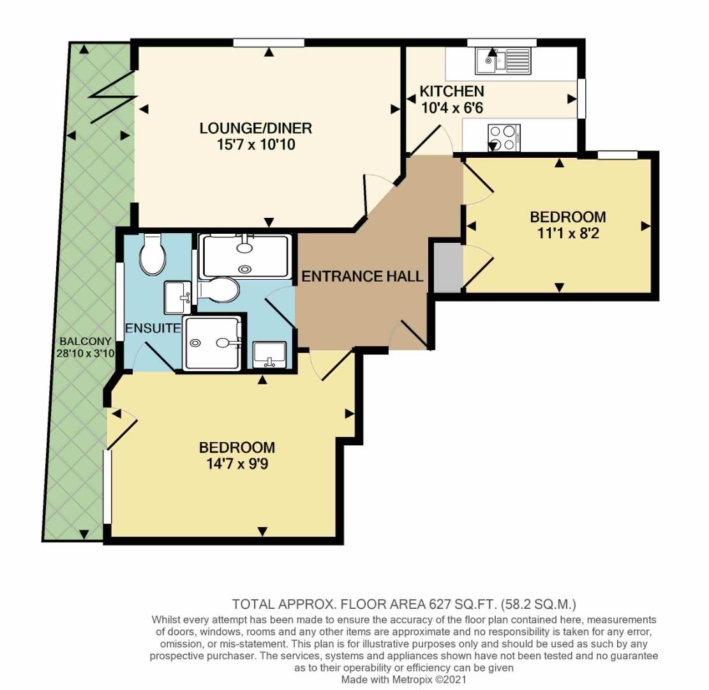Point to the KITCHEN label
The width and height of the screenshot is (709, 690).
[451, 91]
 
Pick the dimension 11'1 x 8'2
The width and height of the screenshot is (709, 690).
[567, 234]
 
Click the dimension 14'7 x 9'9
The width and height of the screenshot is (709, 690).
[237, 464]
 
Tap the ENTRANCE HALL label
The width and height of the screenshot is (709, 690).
[362, 277]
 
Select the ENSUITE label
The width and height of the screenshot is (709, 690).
[153, 328]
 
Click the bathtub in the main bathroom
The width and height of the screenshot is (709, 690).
[246, 256]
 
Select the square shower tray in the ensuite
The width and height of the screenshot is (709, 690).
[213, 343]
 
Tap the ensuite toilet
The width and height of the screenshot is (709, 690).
[152, 254]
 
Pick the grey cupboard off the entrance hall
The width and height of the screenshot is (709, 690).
[447, 266]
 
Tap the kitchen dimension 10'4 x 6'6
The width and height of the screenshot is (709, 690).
[452, 108]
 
